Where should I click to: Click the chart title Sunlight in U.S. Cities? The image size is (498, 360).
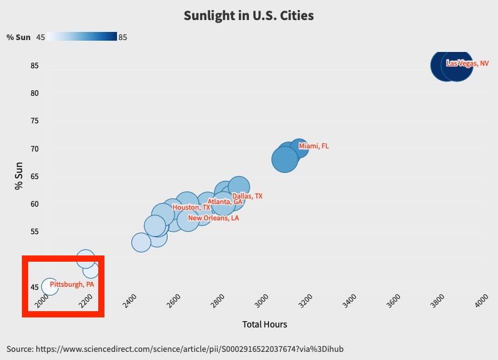click(248, 16)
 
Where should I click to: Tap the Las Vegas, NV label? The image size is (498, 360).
click(467, 63)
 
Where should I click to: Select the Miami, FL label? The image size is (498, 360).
click(313, 146)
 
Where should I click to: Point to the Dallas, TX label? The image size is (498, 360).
click(247, 196)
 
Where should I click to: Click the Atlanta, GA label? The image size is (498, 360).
click(225, 202)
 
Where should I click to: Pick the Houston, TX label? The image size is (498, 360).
click(191, 207)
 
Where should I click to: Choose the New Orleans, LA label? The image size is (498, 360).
click(213, 219)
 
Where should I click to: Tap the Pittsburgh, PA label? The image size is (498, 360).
click(71, 284)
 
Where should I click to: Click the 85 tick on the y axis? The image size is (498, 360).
click(34, 66)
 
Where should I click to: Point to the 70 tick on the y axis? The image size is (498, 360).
click(34, 148)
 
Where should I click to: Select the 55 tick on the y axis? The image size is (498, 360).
click(34, 232)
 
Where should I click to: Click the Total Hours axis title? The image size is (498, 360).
click(265, 324)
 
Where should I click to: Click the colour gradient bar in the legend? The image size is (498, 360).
click(82, 37)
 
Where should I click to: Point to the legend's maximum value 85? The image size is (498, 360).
click(123, 37)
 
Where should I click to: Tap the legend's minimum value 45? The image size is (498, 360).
click(41, 37)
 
